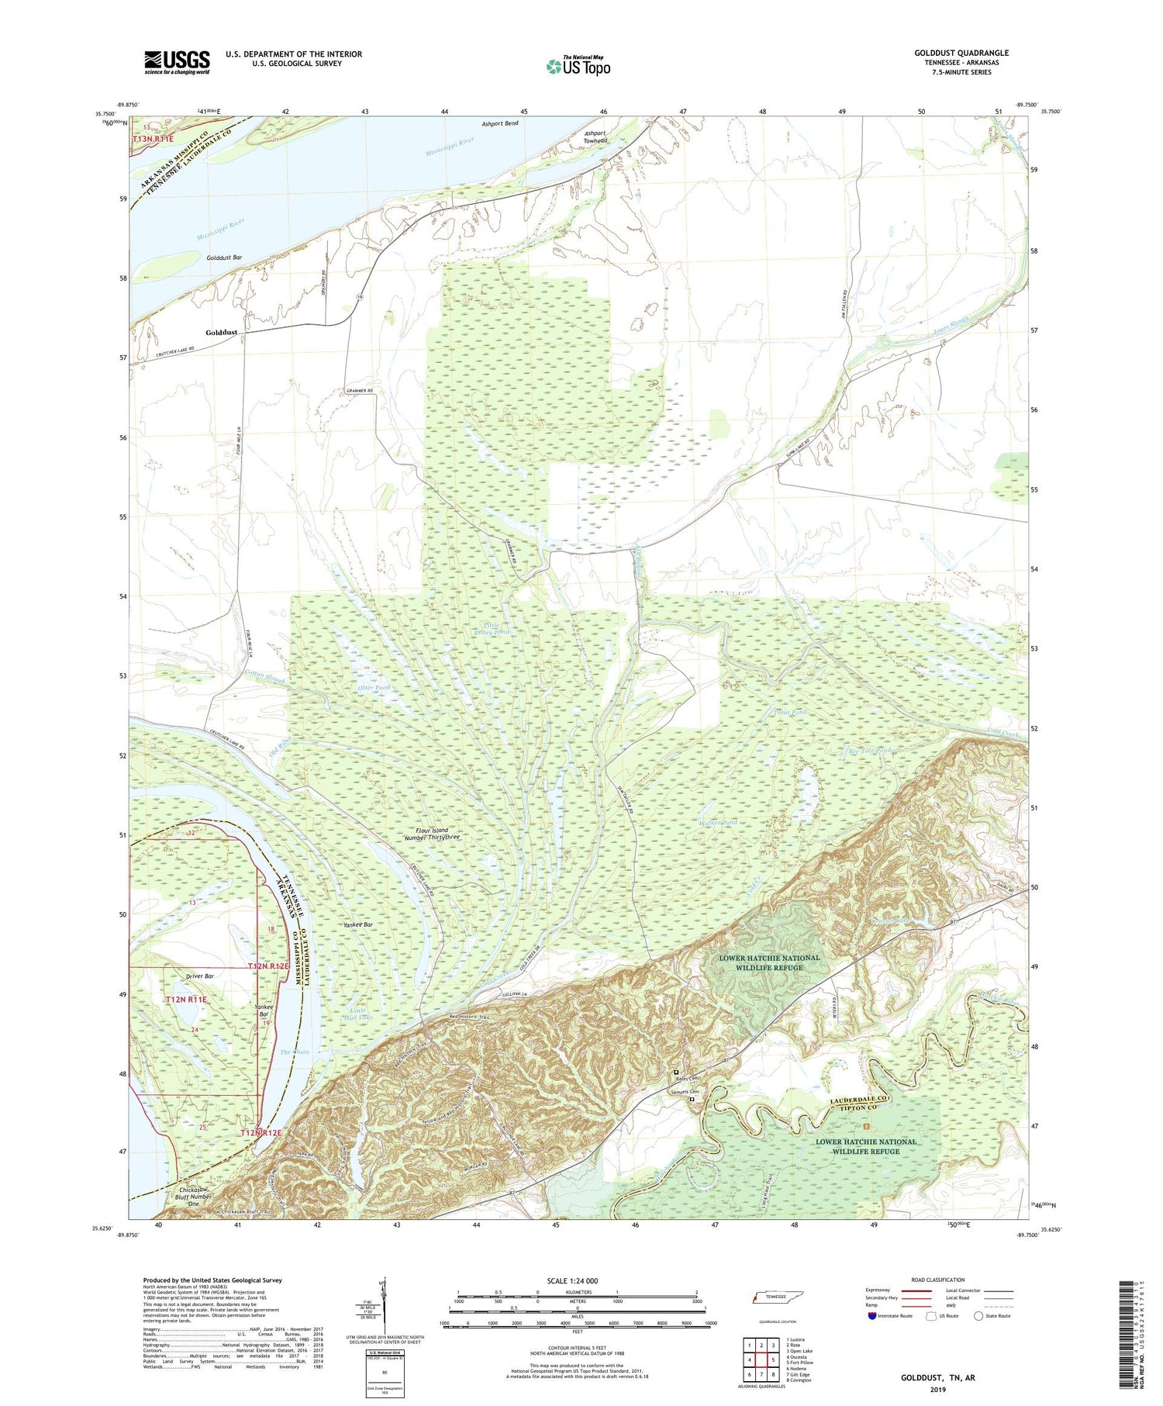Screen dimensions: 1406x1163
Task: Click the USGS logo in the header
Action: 177,62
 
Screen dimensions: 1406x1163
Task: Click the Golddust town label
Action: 221,333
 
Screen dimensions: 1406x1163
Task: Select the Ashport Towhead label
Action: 595,136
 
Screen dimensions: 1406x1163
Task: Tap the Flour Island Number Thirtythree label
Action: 438,834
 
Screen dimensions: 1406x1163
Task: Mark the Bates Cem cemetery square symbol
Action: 676,1073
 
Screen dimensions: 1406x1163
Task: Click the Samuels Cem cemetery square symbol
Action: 692,1099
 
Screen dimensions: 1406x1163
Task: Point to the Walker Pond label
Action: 717,823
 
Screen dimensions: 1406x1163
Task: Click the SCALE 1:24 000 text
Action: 577,1281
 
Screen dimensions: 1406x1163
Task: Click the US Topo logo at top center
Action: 578,66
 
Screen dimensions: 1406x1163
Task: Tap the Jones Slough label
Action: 951,330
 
